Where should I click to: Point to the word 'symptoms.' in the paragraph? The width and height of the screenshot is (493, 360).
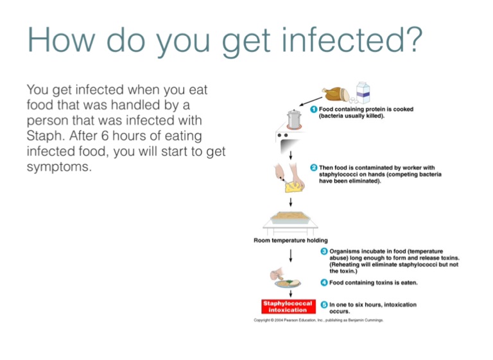pyautogui.click(x=60, y=167)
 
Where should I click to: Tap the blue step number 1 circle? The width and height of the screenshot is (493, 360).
pyautogui.click(x=314, y=110)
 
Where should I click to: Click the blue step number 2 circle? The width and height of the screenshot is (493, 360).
pyautogui.click(x=314, y=167)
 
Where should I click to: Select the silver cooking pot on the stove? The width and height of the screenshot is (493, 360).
pyautogui.click(x=295, y=119)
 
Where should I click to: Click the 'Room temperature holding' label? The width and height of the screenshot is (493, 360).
pyautogui.click(x=291, y=241)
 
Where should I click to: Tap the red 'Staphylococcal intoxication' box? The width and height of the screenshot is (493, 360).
pyautogui.click(x=287, y=306)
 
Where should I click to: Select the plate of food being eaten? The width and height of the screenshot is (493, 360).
pyautogui.click(x=287, y=282)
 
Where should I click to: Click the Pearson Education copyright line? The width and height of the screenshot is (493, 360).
pyautogui.click(x=319, y=320)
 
